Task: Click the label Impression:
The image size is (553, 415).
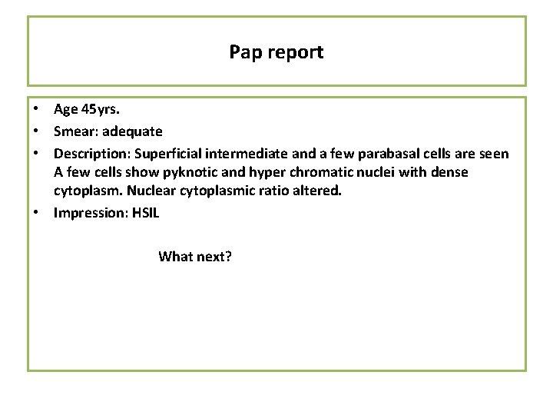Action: (x=87, y=213)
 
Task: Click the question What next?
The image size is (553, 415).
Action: (x=195, y=257)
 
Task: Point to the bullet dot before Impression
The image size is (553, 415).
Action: (x=37, y=213)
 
